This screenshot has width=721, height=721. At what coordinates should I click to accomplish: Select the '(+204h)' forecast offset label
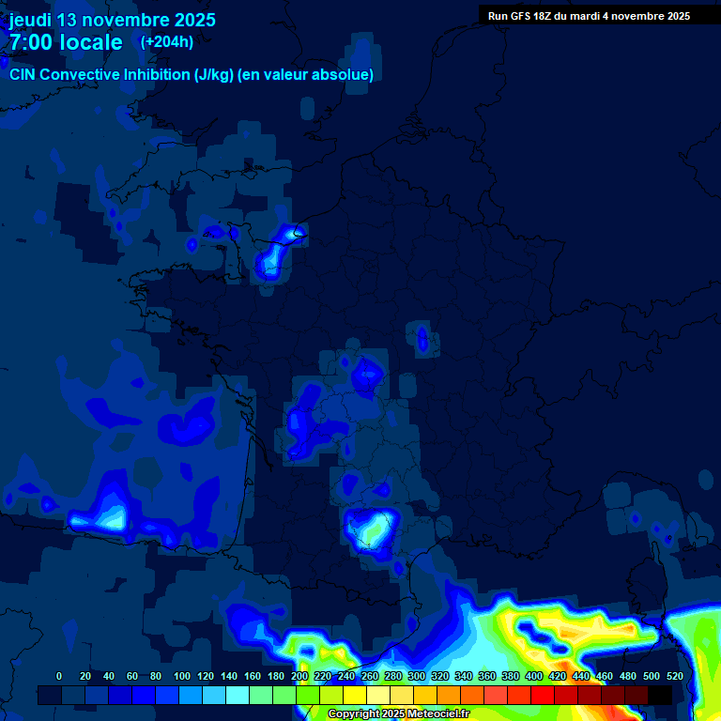(x=167, y=42)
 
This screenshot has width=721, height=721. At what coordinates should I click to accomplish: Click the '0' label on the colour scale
(x=59, y=676)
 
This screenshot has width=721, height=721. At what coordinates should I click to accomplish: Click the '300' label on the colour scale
(x=417, y=676)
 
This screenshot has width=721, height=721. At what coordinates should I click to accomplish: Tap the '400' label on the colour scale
(x=533, y=676)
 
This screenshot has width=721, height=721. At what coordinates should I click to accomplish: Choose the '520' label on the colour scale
(x=674, y=676)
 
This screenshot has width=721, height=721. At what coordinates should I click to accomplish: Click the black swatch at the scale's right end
(x=660, y=695)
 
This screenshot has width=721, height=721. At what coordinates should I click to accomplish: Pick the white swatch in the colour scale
(x=378, y=695)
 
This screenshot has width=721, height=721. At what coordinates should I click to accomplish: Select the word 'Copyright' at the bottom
(x=353, y=714)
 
